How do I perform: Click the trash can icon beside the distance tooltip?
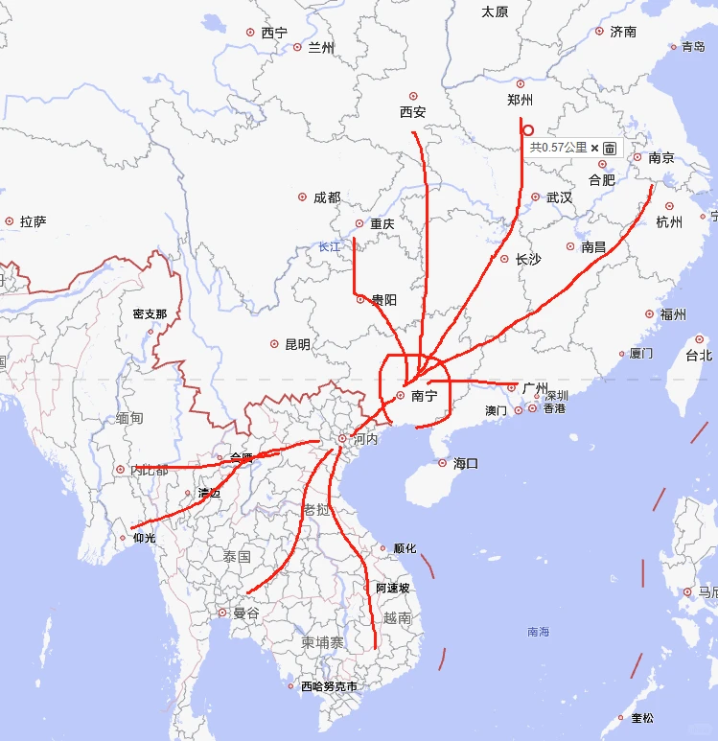pyautogui.click(x=609, y=149)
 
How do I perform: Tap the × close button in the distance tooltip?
pyautogui.click(x=594, y=149)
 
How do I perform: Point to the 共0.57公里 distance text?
pyautogui.click(x=558, y=148)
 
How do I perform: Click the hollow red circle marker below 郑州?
pyautogui.click(x=528, y=130)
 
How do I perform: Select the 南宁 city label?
pyautogui.click(x=424, y=395)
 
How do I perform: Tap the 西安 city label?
pyautogui.click(x=413, y=112)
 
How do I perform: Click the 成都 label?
pyautogui.click(x=327, y=197)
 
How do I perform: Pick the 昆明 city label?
pyautogui.click(x=298, y=344)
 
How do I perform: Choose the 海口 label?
pyautogui.click(x=466, y=463)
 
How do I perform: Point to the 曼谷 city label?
pyautogui.click(x=246, y=613)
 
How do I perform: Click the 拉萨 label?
pyautogui.click(x=34, y=221)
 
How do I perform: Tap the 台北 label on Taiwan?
pyautogui.click(x=699, y=355)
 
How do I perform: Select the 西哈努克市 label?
pyautogui.click(x=329, y=686)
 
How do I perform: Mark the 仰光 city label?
pyautogui.click(x=144, y=538)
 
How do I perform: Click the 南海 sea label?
pyautogui.click(x=539, y=632)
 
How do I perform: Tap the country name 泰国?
pyautogui.click(x=237, y=557)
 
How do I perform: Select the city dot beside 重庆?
pyautogui.click(x=359, y=224)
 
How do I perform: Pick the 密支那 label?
pyautogui.click(x=151, y=313)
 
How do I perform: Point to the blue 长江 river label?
pyautogui.click(x=330, y=246)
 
